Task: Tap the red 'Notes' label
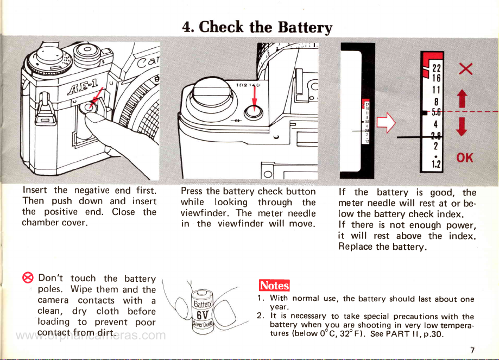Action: (275, 285)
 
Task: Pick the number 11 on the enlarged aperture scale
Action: (435, 88)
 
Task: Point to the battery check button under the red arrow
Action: (251, 112)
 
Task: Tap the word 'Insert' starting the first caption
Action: (34, 191)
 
